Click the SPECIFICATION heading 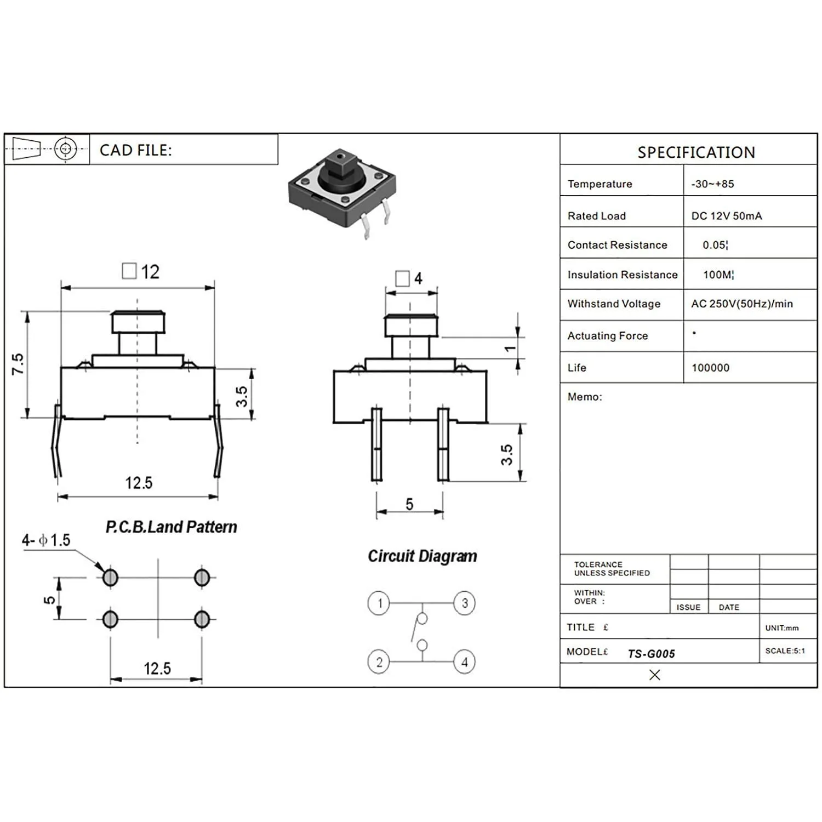(x=696, y=152)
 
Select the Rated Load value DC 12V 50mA (x=726, y=216)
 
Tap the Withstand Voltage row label (x=614, y=304)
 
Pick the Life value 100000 (x=710, y=368)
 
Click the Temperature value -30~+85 (x=712, y=184)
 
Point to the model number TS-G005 (x=651, y=654)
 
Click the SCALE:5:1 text (x=785, y=651)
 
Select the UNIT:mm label (x=781, y=628)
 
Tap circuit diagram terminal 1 (x=379, y=603)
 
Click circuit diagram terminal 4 (x=464, y=662)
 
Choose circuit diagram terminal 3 (x=464, y=603)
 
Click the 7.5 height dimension (x=18, y=364)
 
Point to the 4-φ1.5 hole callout (x=46, y=540)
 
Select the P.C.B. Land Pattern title (x=171, y=527)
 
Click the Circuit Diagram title (x=422, y=556)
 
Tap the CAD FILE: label (x=135, y=150)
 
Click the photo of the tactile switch (x=342, y=192)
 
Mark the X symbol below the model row (x=654, y=675)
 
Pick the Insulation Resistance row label (x=623, y=275)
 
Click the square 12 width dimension (x=141, y=272)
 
